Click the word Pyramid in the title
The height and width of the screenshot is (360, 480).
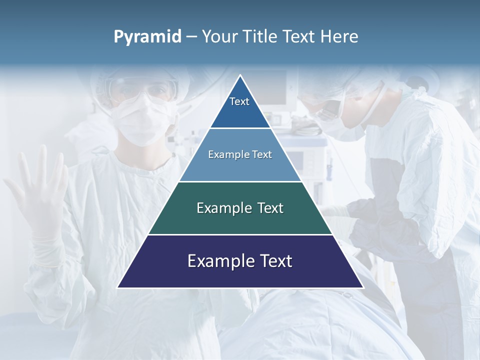tap(147, 37)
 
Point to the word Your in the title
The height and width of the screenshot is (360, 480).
tap(220, 37)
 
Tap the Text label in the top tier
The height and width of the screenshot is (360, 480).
tap(239, 101)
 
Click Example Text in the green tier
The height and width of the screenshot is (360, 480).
tap(240, 208)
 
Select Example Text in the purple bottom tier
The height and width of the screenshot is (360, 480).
tap(240, 261)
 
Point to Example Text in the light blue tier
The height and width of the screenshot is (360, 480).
tap(240, 154)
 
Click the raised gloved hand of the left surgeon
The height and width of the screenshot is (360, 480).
tap(37, 195)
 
